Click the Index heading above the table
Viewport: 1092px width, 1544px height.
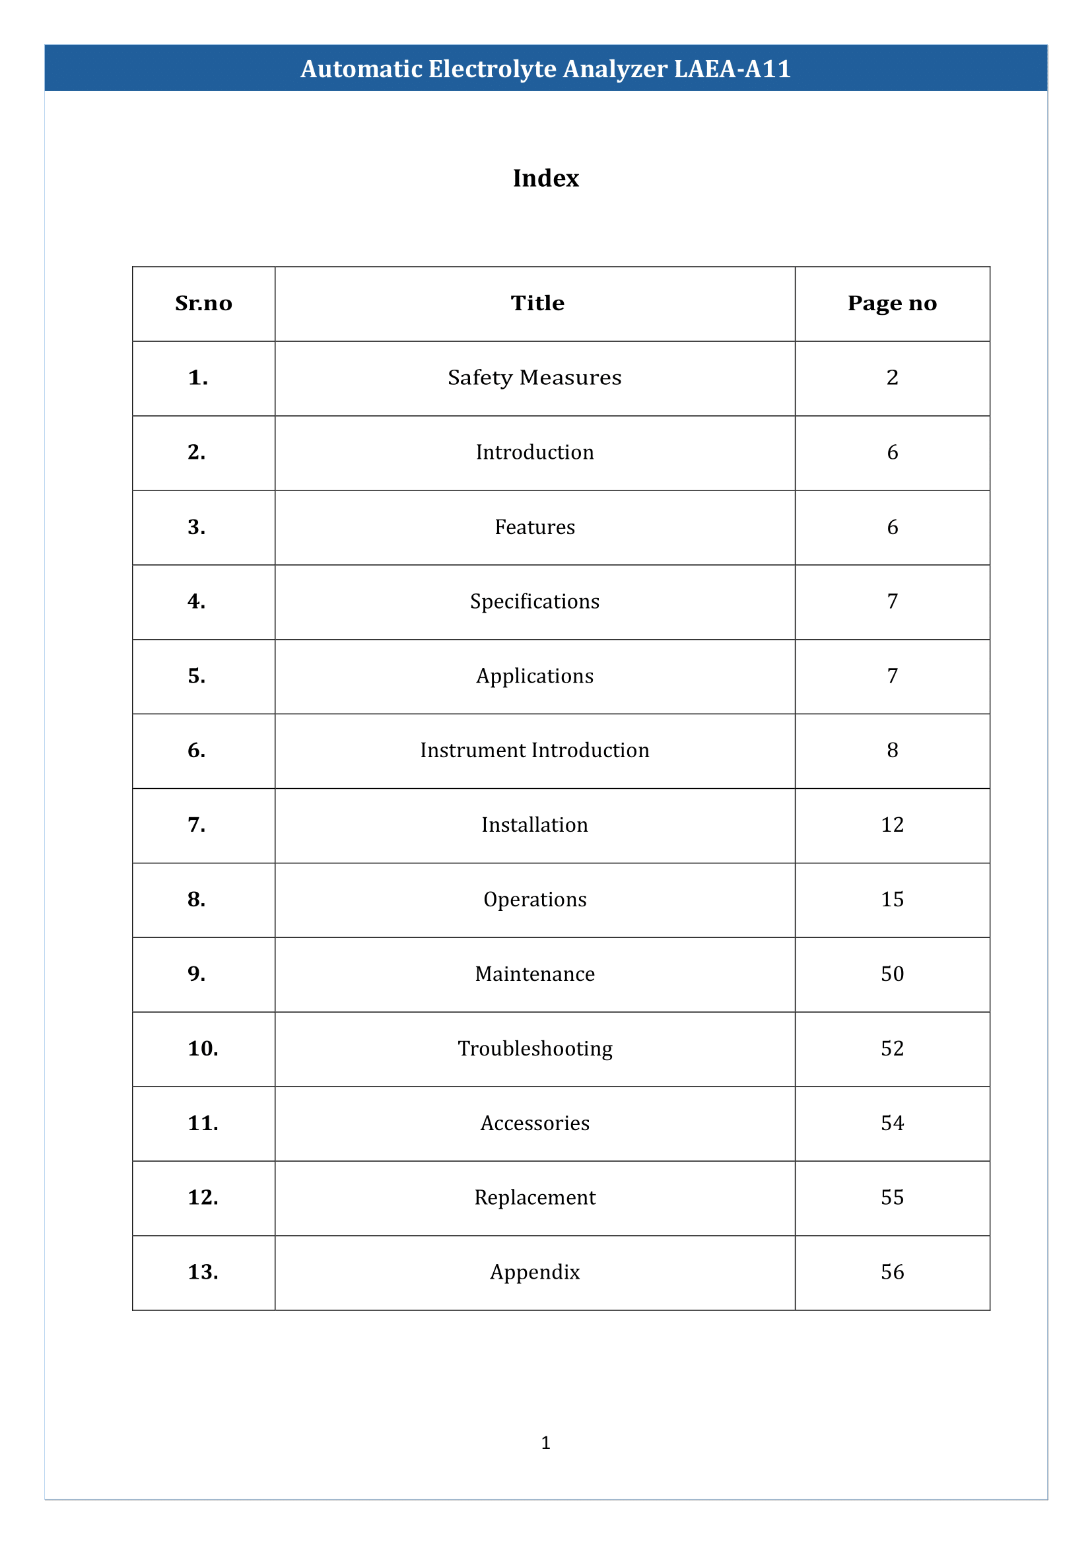tap(545, 178)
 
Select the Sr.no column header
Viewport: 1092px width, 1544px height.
tap(203, 303)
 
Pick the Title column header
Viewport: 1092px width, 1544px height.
tap(537, 303)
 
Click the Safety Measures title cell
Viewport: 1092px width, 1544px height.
tap(535, 378)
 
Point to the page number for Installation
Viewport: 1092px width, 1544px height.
tap(893, 825)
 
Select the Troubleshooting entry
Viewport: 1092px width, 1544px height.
tap(535, 1048)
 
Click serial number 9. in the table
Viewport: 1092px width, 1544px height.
tap(196, 974)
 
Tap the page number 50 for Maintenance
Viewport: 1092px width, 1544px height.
tap(893, 974)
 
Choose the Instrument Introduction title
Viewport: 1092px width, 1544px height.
tap(535, 751)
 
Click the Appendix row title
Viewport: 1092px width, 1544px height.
tap(535, 1272)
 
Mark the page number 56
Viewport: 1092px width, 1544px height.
tap(893, 1272)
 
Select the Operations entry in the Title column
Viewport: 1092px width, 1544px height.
tap(535, 900)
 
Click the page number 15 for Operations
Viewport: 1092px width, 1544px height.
tap(893, 900)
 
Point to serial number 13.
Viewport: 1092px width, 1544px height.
tap(203, 1272)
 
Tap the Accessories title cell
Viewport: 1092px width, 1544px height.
tap(535, 1123)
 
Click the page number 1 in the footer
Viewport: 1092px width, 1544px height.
tap(545, 1442)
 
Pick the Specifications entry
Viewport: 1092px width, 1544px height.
tap(535, 601)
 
